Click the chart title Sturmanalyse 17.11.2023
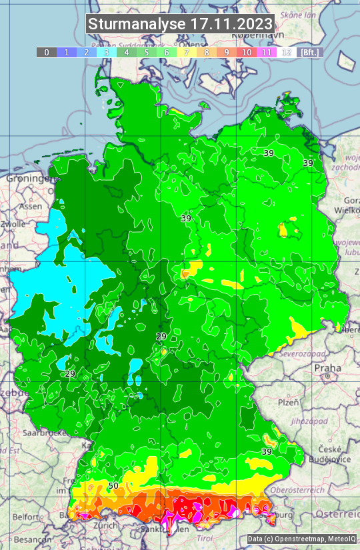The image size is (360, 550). pos(180,24)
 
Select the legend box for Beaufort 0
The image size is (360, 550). pos(47,52)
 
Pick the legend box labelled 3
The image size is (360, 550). pos(107,52)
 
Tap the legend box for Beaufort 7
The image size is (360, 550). pos(187,52)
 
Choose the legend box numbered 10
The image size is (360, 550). pos(247,52)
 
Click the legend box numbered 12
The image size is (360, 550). pos(287,52)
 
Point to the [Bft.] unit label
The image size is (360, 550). pos(310,52)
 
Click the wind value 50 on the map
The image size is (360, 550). pos(113,485)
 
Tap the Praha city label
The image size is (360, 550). pos(327,367)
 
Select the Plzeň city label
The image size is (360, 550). pos(288,403)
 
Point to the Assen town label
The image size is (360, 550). pos(30,207)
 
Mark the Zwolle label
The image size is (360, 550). pos(13,225)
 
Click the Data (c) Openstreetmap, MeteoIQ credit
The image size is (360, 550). pos(302,539)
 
